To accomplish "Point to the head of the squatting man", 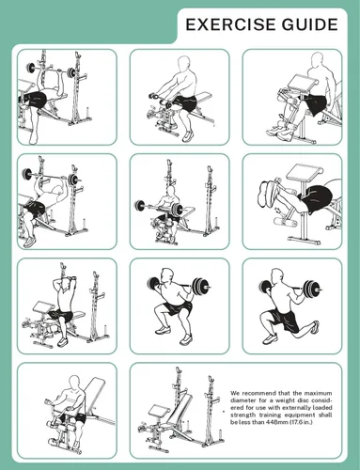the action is [167, 275].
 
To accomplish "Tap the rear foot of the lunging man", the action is [315, 327].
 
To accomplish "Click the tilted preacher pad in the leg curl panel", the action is [300, 173].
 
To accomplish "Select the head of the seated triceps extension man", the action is [66, 286].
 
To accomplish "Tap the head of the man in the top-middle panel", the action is [184, 64].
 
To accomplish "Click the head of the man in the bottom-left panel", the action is [75, 383].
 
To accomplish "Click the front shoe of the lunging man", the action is [270, 338].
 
